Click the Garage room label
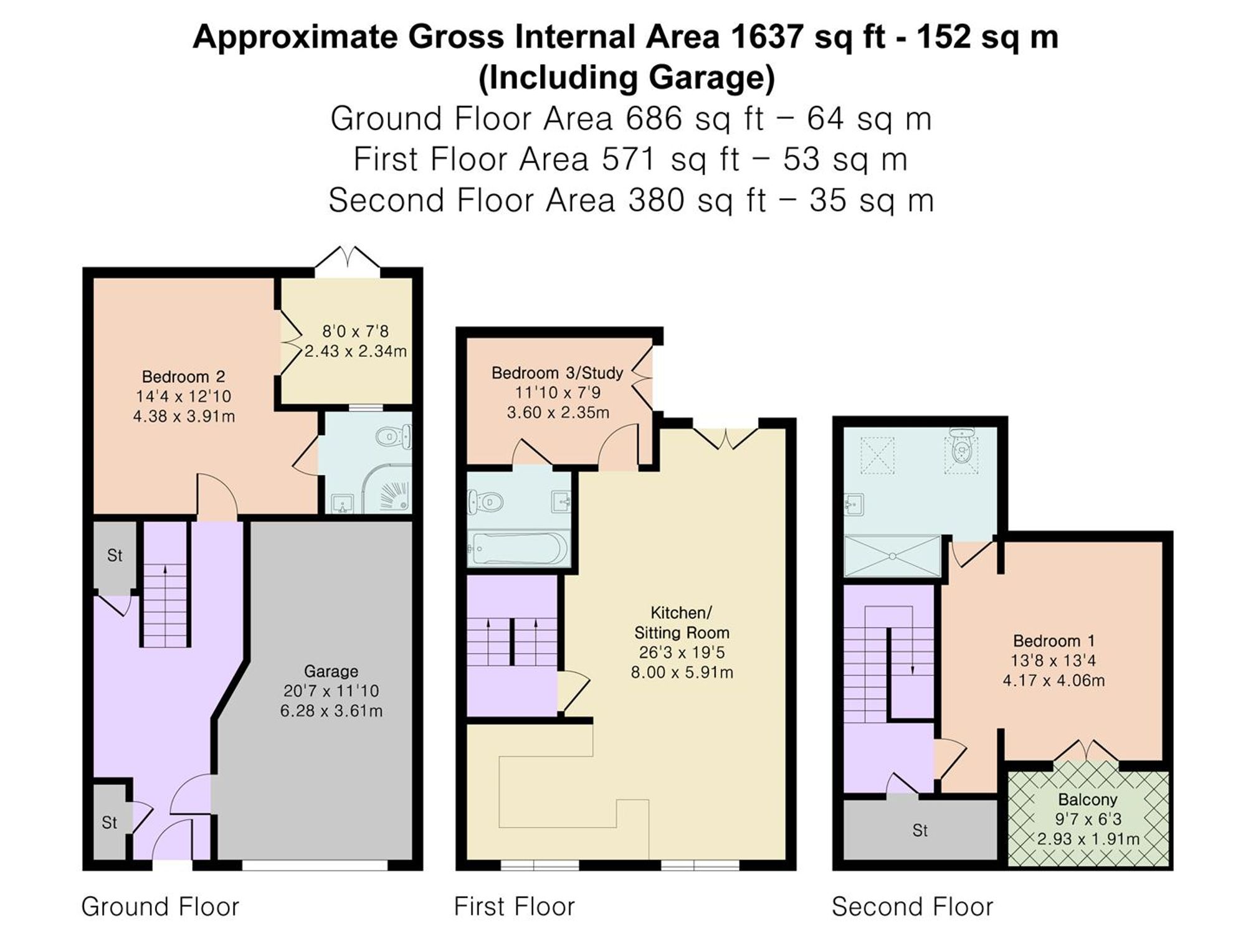pos(331,671)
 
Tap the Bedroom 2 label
pos(183,377)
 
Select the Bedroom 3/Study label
pos(557,373)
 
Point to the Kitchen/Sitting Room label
pos(682,623)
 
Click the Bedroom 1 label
pos(1053,641)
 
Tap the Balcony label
pos(1088,800)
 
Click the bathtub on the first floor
pos(518,548)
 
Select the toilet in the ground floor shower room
pos(394,436)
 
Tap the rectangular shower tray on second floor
pos(892,555)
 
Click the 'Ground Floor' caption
pos(160,907)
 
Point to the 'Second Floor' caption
pos(912,907)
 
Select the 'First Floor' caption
pos(514,907)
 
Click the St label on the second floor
pos(920,830)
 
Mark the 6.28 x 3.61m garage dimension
pos(331,711)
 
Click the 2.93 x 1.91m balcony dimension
pos(1088,839)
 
